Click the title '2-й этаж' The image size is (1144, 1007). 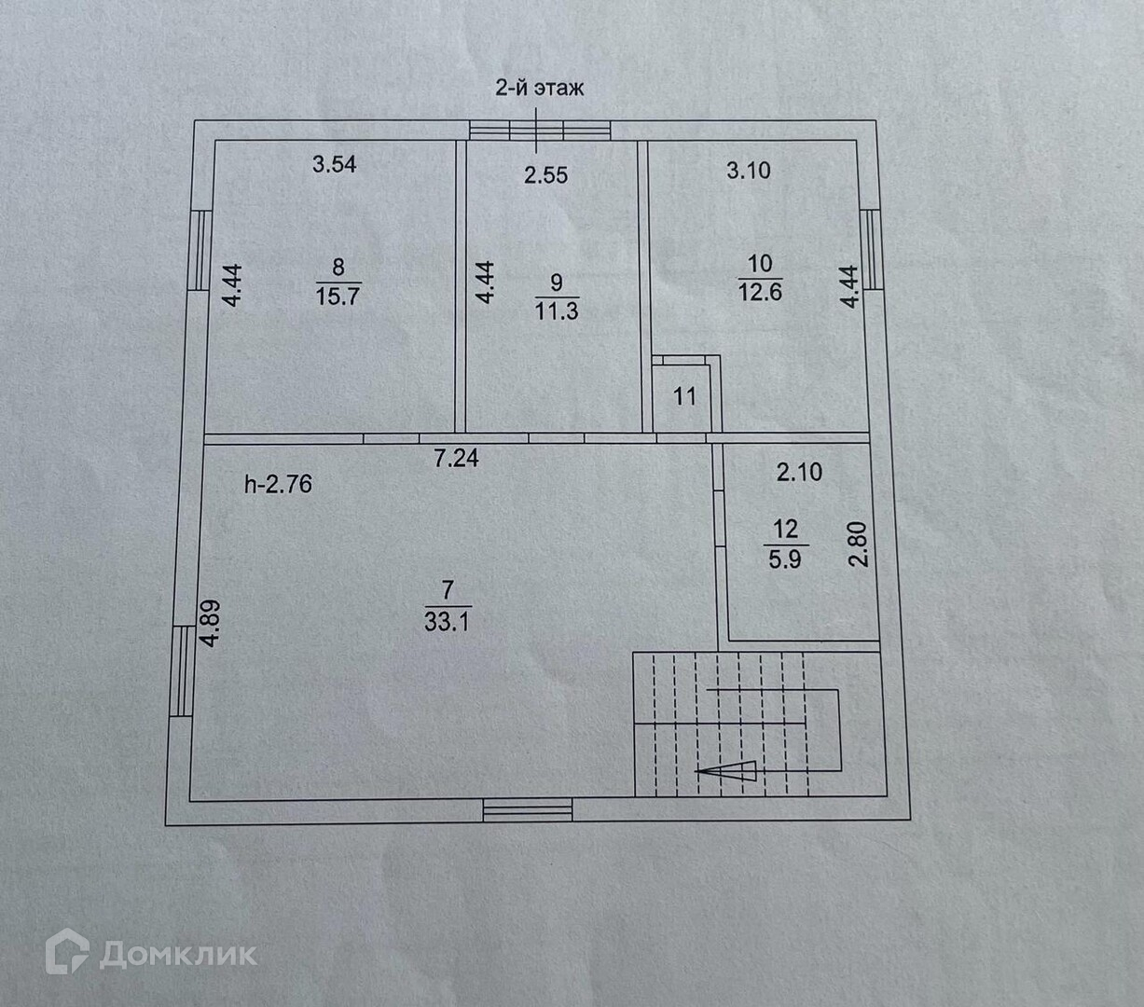pos(539,90)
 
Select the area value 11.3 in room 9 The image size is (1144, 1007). pos(557,310)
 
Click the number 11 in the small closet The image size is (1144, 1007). pos(685,397)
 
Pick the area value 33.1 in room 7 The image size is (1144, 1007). pos(447,621)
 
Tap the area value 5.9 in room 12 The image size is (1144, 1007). pos(785,560)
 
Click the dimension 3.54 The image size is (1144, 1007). pos(335,165)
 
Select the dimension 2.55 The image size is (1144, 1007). pos(545,174)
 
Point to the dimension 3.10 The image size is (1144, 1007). pos(749,171)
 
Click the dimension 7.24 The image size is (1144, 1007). pos(457,458)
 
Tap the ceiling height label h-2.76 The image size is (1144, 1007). pos(278,484)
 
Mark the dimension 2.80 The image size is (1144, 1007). pos(858,545)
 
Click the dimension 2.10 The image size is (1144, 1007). pos(800,473)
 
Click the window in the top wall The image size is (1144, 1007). pos(540,131)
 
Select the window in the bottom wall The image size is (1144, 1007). pos(528,810)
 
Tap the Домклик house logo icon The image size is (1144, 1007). pos(67,953)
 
